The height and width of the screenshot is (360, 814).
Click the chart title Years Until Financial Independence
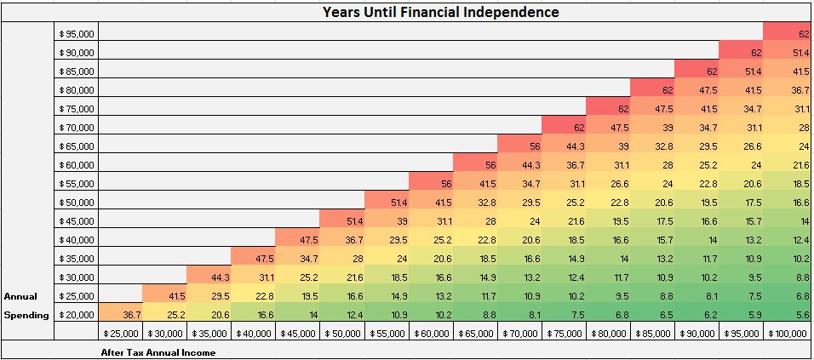[440, 12]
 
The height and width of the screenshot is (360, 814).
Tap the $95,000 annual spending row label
[77, 33]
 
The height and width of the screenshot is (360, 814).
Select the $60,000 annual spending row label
[77, 164]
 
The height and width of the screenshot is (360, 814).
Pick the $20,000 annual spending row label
[77, 314]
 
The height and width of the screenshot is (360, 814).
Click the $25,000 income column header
[121, 334]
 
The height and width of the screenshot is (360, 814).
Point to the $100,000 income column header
[786, 334]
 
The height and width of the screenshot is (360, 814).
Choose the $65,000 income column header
[475, 334]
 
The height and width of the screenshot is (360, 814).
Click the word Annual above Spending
[20, 296]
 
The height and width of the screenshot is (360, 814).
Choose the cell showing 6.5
[697, 314]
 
